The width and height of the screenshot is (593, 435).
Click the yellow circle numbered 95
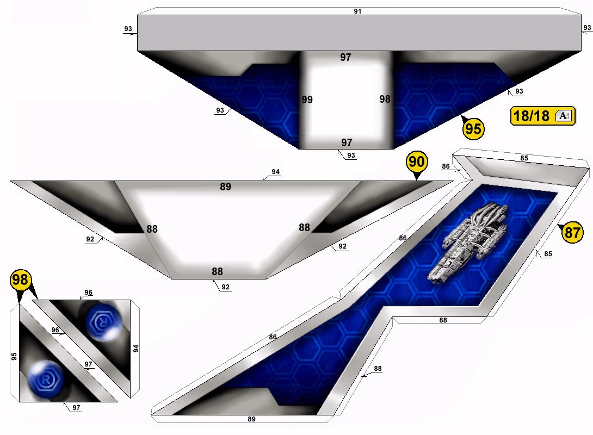pyautogui.click(x=473, y=128)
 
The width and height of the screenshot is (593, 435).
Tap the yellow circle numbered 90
pyautogui.click(x=417, y=161)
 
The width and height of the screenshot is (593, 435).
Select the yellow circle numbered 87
pyautogui.click(x=572, y=232)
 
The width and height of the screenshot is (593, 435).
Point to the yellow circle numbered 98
pyautogui.click(x=21, y=279)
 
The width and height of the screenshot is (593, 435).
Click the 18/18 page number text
pyautogui.click(x=531, y=116)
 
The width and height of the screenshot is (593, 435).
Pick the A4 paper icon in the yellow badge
pyautogui.click(x=564, y=116)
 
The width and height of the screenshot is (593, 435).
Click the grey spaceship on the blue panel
pyautogui.click(x=468, y=242)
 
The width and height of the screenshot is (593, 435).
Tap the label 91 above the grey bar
pyautogui.click(x=357, y=11)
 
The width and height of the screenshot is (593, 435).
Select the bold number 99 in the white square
pyautogui.click(x=307, y=100)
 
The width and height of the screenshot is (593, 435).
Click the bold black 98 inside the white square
pyautogui.click(x=385, y=99)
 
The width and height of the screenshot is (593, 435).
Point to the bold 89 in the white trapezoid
pyautogui.click(x=225, y=187)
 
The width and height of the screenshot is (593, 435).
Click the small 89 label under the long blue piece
pyautogui.click(x=251, y=419)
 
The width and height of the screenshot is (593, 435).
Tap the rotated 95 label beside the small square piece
pyautogui.click(x=14, y=356)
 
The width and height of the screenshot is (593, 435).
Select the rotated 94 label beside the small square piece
pyautogui.click(x=136, y=349)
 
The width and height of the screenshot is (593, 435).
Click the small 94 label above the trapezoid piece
pyautogui.click(x=276, y=172)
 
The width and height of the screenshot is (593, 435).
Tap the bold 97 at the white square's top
pyautogui.click(x=345, y=58)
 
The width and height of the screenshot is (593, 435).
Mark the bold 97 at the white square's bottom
pyautogui.click(x=347, y=143)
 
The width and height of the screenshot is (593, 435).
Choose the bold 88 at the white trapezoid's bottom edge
pyautogui.click(x=217, y=271)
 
